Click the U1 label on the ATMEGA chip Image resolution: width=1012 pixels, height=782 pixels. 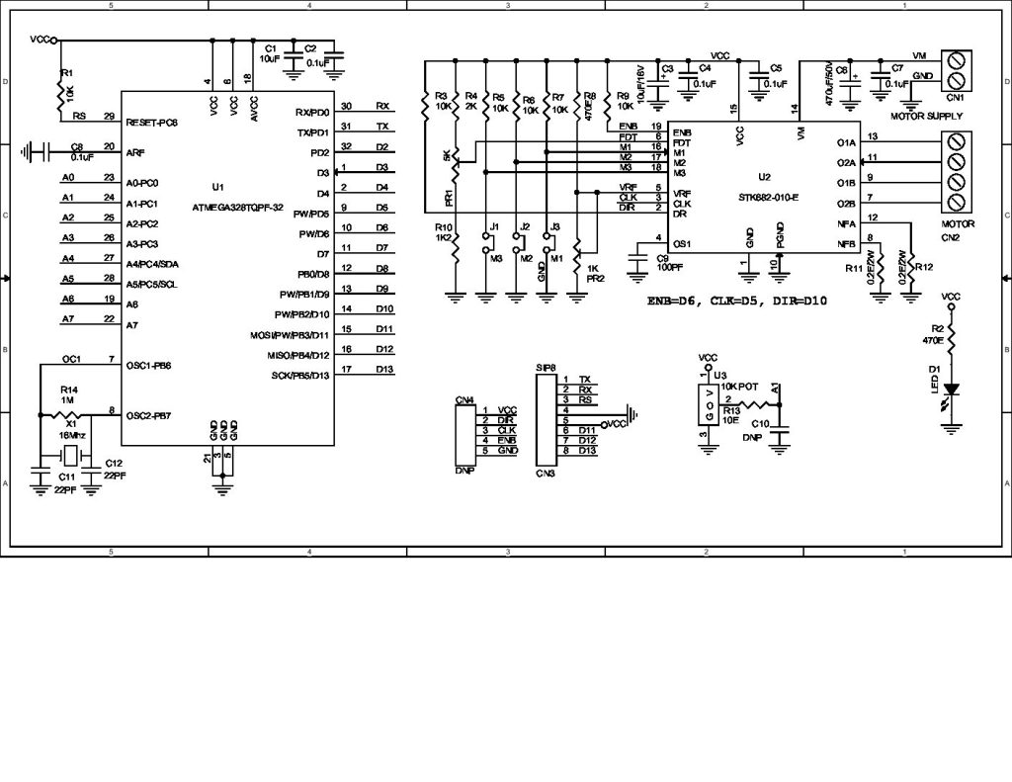click(217, 186)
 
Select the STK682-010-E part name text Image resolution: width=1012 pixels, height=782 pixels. click(767, 197)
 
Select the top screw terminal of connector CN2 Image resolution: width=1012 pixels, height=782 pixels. click(956, 141)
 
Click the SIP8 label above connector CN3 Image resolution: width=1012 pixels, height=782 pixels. click(545, 367)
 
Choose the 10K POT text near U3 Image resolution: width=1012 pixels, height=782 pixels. click(739, 387)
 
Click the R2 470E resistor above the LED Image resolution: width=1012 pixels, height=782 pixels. click(951, 334)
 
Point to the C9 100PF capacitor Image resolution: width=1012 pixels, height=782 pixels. click(635, 260)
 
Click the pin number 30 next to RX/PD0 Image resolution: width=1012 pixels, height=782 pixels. click(346, 106)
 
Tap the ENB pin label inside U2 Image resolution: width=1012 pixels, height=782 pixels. click(681, 131)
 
